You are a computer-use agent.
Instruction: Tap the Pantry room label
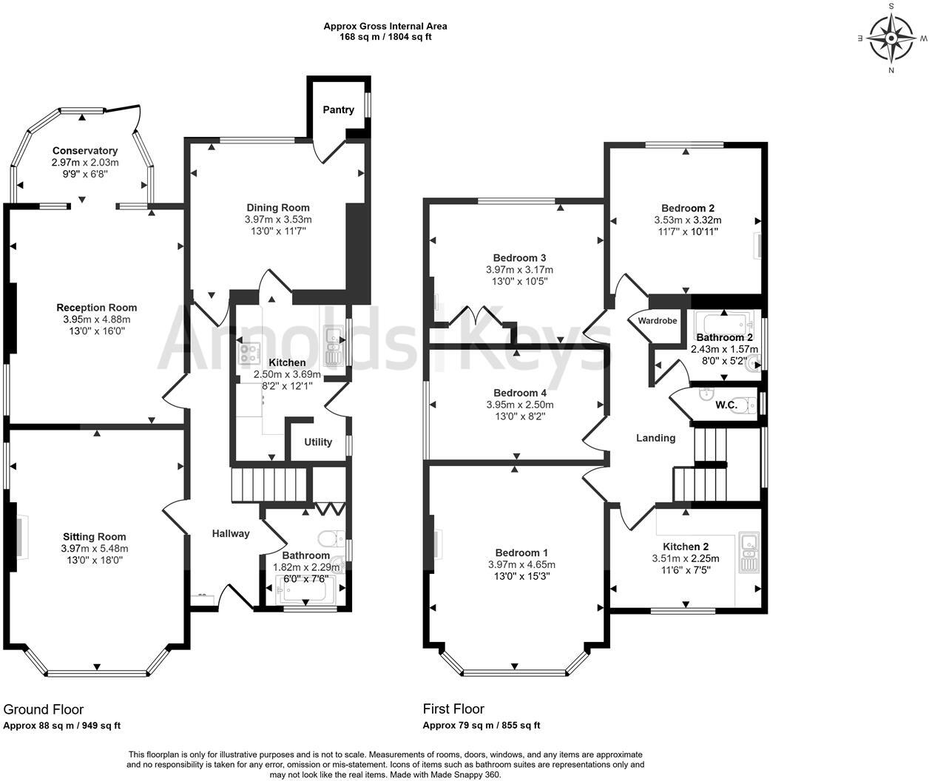pyautogui.click(x=338, y=109)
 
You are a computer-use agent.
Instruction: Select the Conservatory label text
pyautogui.click(x=85, y=151)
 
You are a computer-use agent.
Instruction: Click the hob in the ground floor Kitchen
pyautogui.click(x=248, y=354)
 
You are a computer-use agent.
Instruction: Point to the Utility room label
pyautogui.click(x=318, y=442)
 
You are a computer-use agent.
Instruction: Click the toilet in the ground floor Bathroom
pyautogui.click(x=328, y=538)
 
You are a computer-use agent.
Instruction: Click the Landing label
pyautogui.click(x=656, y=438)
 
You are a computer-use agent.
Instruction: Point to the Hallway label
pyautogui.click(x=231, y=533)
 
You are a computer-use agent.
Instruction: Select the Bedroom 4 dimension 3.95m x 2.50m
pyautogui.click(x=519, y=405)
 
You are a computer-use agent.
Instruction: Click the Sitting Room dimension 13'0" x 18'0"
pyautogui.click(x=94, y=560)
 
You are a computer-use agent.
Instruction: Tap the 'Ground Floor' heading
pyautogui.click(x=44, y=710)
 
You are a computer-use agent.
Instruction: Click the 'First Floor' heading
pyautogui.click(x=453, y=710)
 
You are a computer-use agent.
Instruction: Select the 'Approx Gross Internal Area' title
pyautogui.click(x=385, y=26)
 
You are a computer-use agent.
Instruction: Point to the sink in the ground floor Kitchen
pyautogui.click(x=334, y=348)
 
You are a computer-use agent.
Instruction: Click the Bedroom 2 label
pyautogui.click(x=687, y=209)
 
